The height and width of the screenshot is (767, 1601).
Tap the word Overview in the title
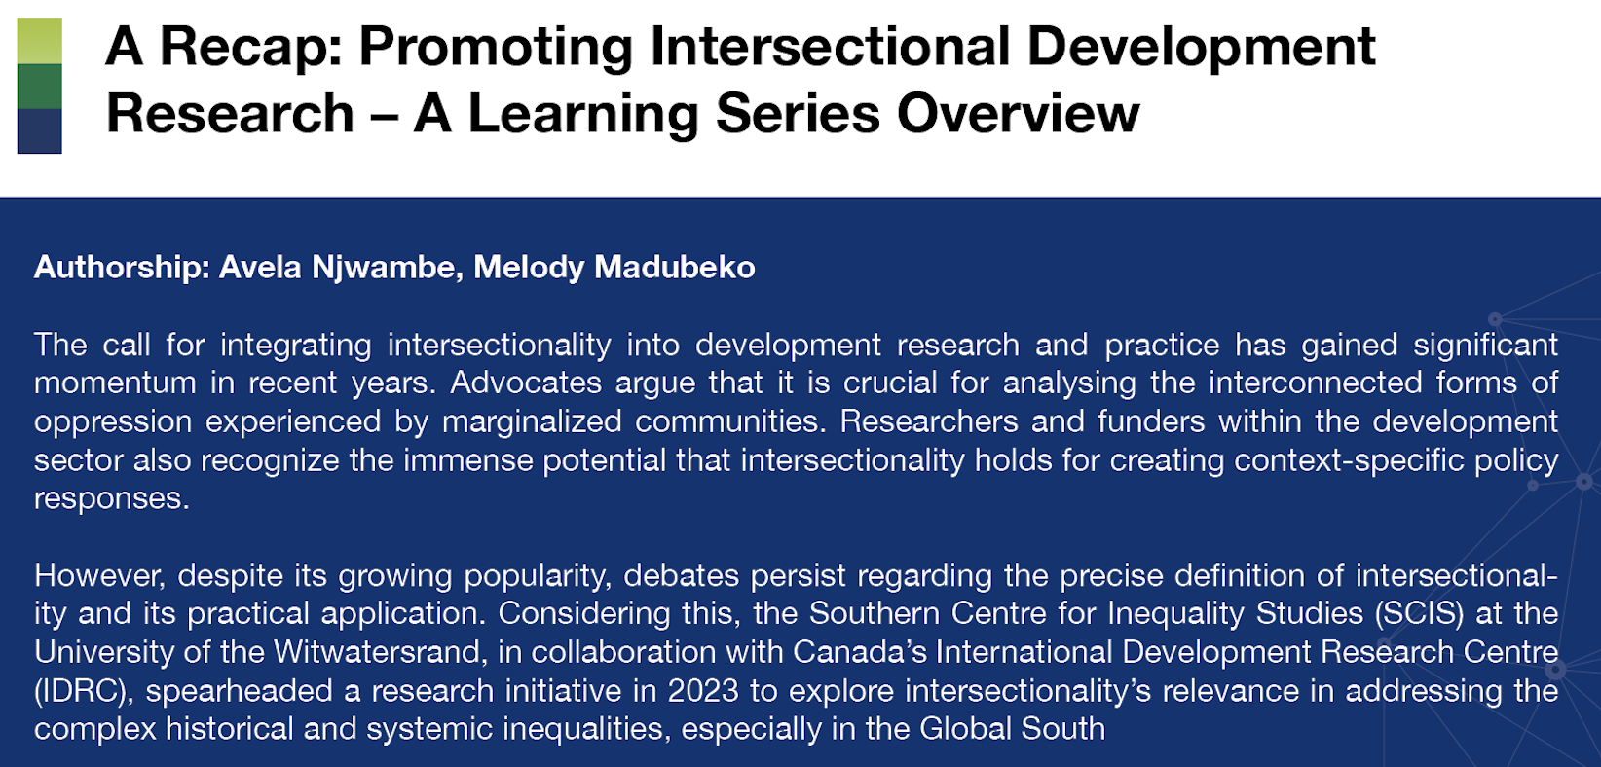[x=1018, y=114]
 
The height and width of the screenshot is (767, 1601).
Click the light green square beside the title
[x=39, y=41]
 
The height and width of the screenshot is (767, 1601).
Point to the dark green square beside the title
[x=39, y=86]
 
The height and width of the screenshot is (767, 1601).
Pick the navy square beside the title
[x=39, y=130]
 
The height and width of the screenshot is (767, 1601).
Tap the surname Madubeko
[x=675, y=267]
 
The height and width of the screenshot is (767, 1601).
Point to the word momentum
[x=115, y=383]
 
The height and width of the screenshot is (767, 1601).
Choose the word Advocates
[x=526, y=383]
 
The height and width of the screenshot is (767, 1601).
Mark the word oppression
[x=113, y=422]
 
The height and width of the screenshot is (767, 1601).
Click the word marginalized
[x=532, y=422]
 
